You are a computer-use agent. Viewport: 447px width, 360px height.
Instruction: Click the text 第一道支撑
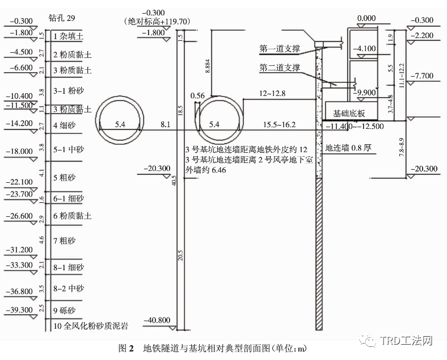[280, 49]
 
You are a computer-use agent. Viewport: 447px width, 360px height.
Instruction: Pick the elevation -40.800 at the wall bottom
[157, 320]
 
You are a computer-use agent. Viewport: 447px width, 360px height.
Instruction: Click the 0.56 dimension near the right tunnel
[197, 95]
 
